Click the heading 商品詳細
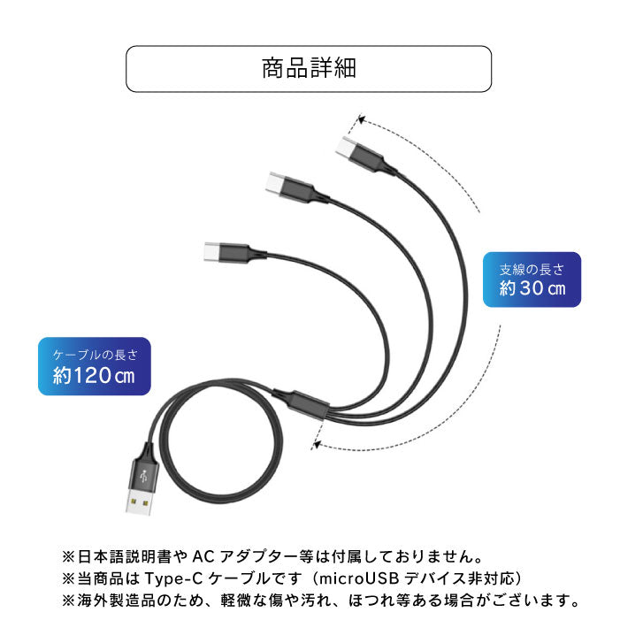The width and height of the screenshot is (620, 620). (309, 69)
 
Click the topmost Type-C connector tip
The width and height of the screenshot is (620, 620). (346, 146)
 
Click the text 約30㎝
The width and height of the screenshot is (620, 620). (532, 288)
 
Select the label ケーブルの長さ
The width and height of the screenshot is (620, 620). (95, 353)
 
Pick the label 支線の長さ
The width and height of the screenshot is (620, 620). (532, 268)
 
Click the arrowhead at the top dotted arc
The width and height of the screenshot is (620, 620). (361, 118)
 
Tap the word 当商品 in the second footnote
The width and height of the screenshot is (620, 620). (96, 579)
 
